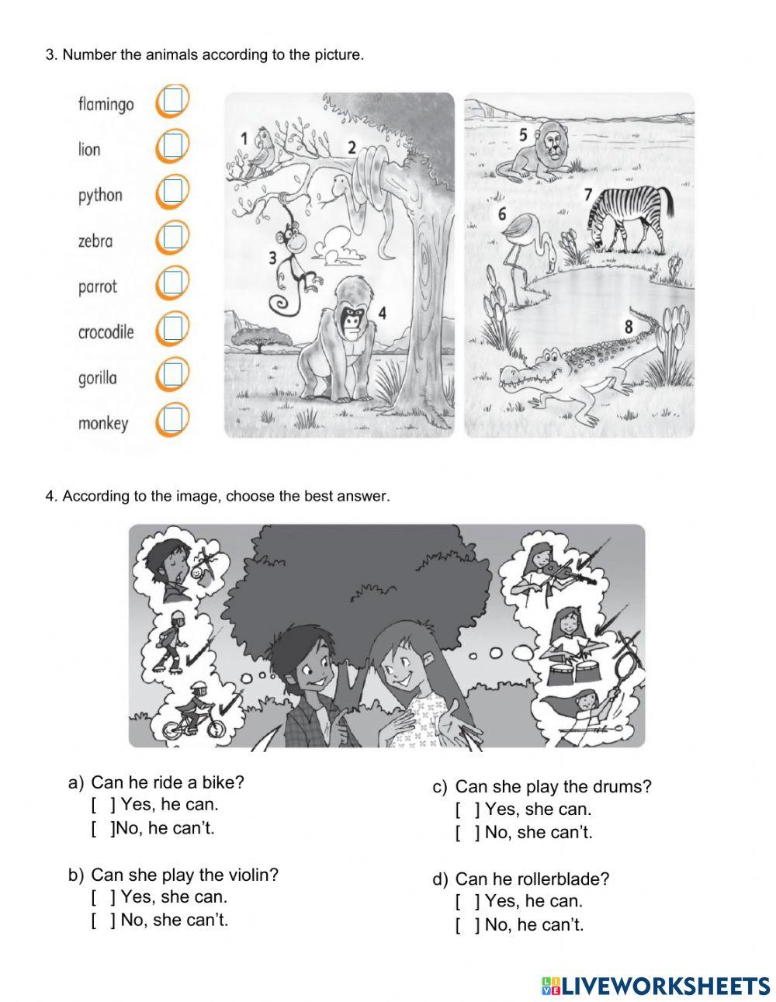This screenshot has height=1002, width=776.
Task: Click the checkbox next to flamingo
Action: pos(172,100)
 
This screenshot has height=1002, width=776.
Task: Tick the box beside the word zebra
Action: pos(172,237)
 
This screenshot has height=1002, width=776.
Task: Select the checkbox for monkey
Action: pos(172,420)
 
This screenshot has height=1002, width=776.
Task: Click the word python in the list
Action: pos(100,195)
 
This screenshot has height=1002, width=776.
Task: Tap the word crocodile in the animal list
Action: pos(106,332)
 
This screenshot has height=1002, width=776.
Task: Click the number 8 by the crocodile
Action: pos(629,327)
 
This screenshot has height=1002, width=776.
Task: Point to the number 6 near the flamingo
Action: pos(501,213)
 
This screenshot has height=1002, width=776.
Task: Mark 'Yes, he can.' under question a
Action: pos(101,805)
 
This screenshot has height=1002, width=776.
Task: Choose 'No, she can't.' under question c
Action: pos(465,833)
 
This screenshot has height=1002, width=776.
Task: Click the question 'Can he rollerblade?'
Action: pos(532,879)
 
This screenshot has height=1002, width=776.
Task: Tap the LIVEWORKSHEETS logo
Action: pos(656,986)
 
